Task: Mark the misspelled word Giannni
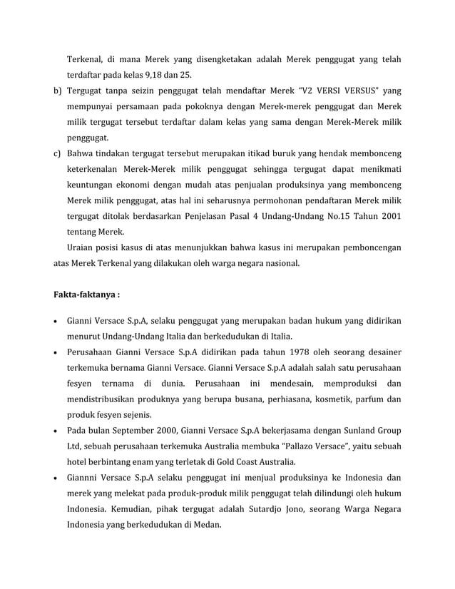pos(84,477)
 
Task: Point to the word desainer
pos(381,352)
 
